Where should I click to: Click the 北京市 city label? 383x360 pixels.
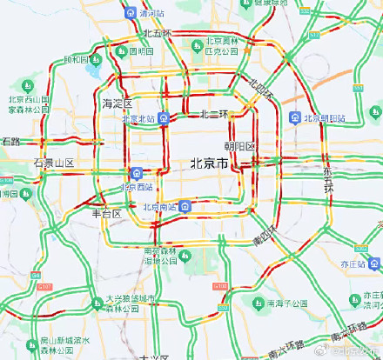tap(209, 163)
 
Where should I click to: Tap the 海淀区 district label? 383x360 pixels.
tap(116, 103)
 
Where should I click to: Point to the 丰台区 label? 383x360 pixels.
tap(106, 213)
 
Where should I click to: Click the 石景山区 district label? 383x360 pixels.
tap(53, 163)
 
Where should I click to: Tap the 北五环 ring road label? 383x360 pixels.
tap(158, 33)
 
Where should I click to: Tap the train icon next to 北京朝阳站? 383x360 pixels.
tap(296, 117)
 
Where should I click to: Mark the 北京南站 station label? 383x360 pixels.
tap(159, 207)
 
